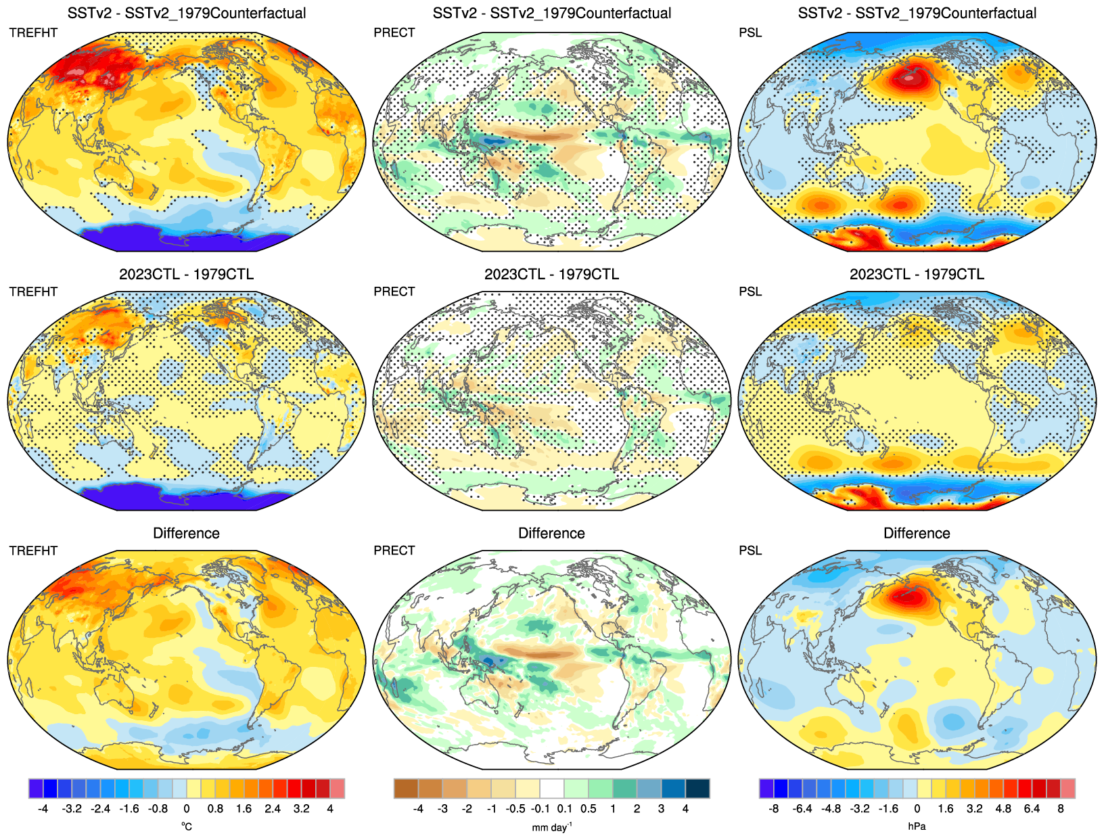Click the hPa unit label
917,826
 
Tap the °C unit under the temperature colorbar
187,826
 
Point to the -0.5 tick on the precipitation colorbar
516,809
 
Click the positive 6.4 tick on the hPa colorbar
1032,809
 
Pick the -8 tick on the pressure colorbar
773,809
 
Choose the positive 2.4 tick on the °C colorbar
273,809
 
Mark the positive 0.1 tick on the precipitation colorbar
565,809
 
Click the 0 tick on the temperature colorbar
187,809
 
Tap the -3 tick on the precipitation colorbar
442,809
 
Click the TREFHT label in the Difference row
33,551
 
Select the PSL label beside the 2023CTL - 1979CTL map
750,291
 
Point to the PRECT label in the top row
394,32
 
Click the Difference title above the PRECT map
551,533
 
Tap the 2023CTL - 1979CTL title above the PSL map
917,274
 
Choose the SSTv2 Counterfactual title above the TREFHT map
187,13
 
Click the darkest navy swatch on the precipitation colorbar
697,789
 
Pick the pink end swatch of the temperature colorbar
337,789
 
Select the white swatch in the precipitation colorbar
552,789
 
